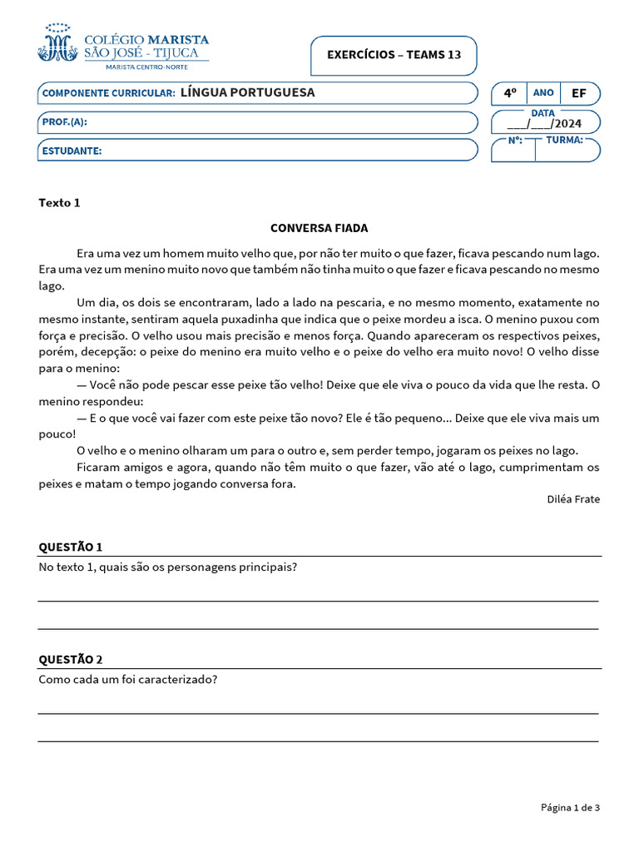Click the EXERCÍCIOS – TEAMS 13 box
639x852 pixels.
coord(394,55)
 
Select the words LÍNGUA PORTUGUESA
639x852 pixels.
coord(248,92)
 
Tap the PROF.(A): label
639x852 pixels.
coord(64,122)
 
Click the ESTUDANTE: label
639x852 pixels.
coord(72,151)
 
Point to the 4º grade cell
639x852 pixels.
coord(509,93)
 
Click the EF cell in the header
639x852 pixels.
coord(578,93)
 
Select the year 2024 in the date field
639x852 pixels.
coord(567,124)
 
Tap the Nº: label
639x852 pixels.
coord(514,140)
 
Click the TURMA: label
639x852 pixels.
coord(564,140)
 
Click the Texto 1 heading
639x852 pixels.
coord(59,202)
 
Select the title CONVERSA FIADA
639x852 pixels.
coord(319,228)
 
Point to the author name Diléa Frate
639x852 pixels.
coord(573,499)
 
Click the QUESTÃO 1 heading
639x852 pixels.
coord(71,547)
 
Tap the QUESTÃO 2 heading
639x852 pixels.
coord(71,659)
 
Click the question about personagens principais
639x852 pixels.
coord(168,567)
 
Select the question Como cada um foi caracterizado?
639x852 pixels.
coord(128,679)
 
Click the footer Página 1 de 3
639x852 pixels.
coord(570,807)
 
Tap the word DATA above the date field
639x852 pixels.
coord(542,112)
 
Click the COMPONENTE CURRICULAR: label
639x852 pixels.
coord(108,93)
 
